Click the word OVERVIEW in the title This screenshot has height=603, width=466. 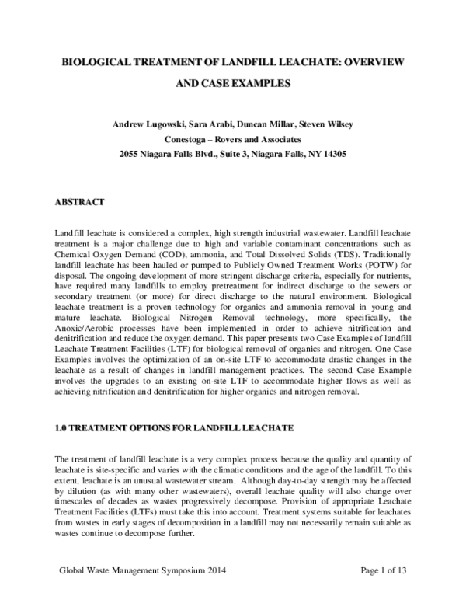tap(374, 60)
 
